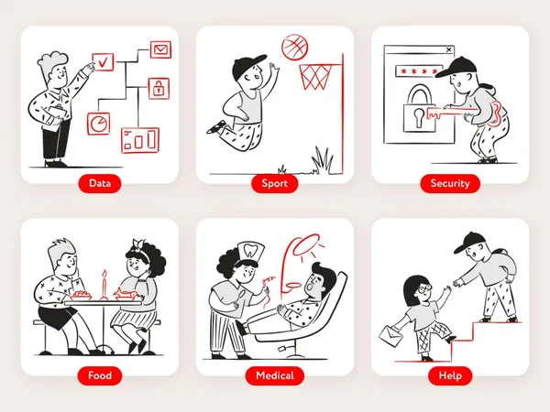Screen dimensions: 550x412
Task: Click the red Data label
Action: point(100,183)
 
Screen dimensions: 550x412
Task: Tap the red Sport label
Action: point(275,183)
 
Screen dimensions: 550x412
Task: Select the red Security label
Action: point(450,183)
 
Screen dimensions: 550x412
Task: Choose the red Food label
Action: point(100,375)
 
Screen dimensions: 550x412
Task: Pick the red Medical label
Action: point(275,375)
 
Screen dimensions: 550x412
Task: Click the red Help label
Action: point(450,375)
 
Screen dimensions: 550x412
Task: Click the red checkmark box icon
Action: point(103,62)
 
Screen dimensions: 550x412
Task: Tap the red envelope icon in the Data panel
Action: point(161,49)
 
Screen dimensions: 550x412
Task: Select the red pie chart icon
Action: point(99,124)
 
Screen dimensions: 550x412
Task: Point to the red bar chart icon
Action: point(140,140)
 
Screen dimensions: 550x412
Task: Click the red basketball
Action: point(295,48)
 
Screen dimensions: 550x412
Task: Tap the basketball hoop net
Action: point(315,77)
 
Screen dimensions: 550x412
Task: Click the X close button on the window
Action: point(448,49)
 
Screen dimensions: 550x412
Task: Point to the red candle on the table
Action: point(104,285)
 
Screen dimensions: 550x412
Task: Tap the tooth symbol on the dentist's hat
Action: point(250,249)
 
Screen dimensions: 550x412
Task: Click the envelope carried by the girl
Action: point(391,336)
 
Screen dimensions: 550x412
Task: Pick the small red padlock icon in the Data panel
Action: point(159,88)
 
